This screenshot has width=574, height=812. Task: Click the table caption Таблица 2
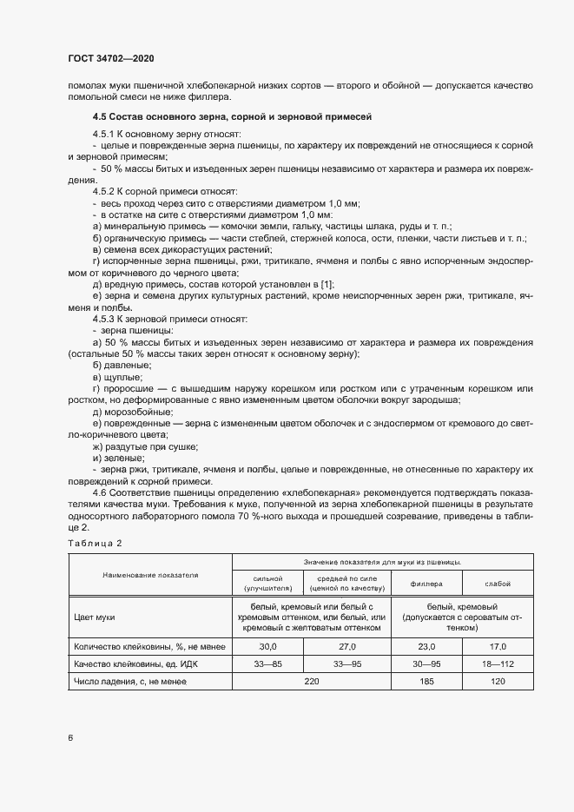tap(96, 543)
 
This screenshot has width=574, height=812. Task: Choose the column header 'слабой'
tap(498, 584)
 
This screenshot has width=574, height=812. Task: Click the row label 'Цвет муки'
tap(96, 617)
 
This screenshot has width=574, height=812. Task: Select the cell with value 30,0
tap(268, 647)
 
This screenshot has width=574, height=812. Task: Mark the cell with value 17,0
tap(498, 647)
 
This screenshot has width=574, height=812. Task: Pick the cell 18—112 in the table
tap(498, 664)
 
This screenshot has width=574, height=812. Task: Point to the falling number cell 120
tap(498, 682)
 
